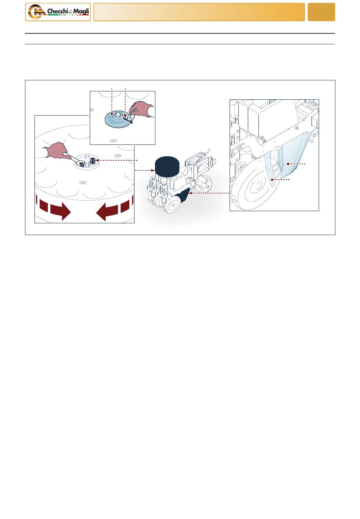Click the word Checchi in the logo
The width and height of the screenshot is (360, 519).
58,11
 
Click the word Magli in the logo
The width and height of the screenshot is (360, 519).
81,11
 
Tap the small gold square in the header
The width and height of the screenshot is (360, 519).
321,12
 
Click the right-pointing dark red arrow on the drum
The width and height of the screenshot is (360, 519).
61,210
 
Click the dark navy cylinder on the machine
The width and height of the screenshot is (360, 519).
167,166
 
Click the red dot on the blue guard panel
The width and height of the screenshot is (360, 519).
288,164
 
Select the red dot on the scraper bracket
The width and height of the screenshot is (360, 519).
272,180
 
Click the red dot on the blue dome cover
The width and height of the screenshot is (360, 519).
112,114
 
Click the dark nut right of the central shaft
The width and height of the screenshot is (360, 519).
93,160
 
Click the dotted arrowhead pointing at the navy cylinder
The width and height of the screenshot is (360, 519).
153,170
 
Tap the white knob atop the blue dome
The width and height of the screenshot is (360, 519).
118,114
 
